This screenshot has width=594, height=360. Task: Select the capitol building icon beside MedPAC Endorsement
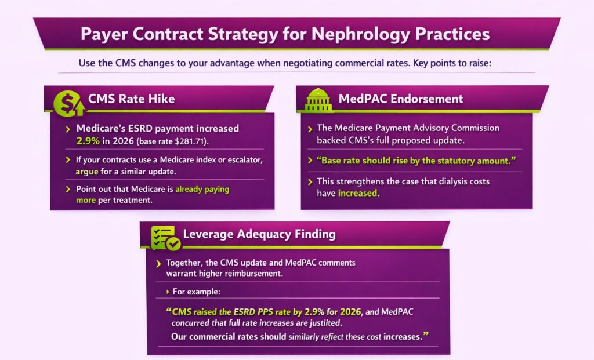[318, 100]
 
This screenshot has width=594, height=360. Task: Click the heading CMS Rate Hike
[131, 99]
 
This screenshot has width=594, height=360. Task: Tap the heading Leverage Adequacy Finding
[259, 234]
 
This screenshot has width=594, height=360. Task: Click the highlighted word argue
[87, 172]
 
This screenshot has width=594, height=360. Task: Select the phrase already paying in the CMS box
[203, 190]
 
